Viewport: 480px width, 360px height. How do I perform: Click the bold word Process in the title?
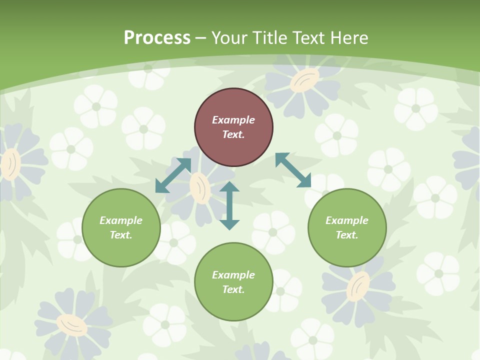157,38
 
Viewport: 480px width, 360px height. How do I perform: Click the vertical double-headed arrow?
229,205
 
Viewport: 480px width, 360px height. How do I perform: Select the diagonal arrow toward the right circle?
293,170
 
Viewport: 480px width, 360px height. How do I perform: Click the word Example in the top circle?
233,120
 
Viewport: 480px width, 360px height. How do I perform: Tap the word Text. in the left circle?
121,235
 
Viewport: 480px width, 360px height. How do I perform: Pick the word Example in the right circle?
347,220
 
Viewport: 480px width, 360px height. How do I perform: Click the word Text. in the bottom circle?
233,289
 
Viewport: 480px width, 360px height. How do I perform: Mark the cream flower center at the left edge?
10,164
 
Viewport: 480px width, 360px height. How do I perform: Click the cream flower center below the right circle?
358,286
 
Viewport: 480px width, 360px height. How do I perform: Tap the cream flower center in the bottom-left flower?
71,325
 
